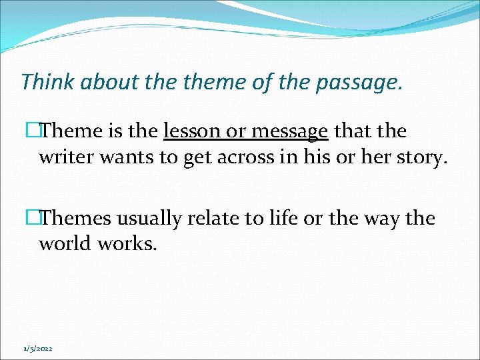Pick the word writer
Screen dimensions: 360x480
(x=64, y=157)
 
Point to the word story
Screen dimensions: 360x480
(x=421, y=159)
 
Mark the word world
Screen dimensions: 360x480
(x=65, y=244)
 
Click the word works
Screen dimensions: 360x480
(x=127, y=244)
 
